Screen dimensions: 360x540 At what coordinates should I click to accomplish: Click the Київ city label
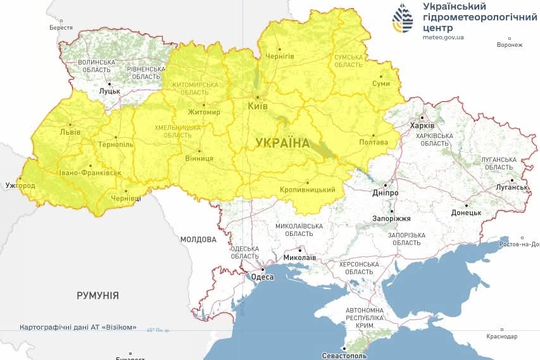258,106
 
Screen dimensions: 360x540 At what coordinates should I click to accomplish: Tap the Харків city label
423,125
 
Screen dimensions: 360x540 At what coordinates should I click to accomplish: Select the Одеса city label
262,277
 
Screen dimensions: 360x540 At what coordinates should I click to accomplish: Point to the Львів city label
70,132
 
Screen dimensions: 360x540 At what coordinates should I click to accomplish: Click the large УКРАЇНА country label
282,143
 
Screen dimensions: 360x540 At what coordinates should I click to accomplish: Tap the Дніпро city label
386,193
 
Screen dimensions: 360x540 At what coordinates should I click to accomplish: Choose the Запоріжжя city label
392,218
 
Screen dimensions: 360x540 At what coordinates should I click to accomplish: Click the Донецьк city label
467,213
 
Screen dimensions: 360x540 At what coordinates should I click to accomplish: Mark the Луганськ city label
512,187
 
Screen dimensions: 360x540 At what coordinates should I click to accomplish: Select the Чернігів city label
279,56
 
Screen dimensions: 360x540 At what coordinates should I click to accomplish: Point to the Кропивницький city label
307,190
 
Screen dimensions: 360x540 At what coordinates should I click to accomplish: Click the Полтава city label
374,142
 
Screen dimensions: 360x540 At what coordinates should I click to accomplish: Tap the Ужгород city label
19,186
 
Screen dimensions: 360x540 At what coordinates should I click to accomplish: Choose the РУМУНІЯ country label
97,295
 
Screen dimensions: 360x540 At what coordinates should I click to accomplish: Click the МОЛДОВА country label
198,240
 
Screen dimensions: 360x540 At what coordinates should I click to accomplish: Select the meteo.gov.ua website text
443,37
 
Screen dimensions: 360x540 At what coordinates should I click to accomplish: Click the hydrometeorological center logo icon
403,18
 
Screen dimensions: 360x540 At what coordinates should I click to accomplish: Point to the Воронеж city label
510,45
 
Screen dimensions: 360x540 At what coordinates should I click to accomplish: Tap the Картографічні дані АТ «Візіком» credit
78,327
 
